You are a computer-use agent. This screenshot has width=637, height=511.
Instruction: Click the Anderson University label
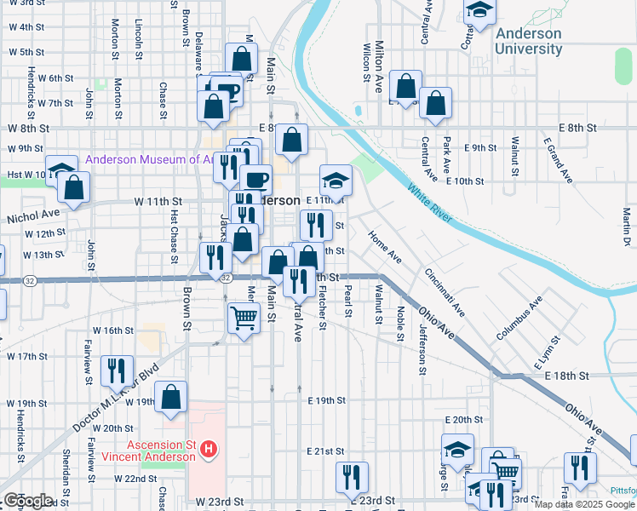528,41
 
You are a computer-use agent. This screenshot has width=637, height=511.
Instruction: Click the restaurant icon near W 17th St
116,370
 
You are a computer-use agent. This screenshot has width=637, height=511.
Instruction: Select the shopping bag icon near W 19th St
170,397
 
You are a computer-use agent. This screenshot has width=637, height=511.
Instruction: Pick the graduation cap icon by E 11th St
336,180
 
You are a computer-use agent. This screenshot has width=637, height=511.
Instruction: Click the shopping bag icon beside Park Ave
436,103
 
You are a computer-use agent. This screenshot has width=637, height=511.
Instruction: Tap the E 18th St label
568,376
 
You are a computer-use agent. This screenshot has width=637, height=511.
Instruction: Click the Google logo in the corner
29,500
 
